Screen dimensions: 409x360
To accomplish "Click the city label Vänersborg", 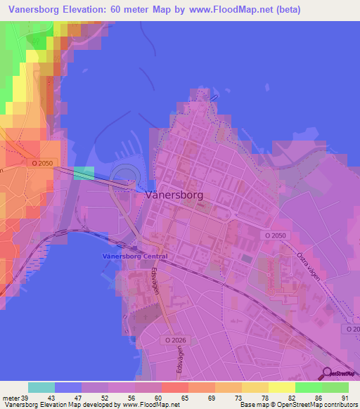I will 176,197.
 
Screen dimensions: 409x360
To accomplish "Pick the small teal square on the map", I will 84,173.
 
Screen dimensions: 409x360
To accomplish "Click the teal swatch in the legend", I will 41,387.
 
